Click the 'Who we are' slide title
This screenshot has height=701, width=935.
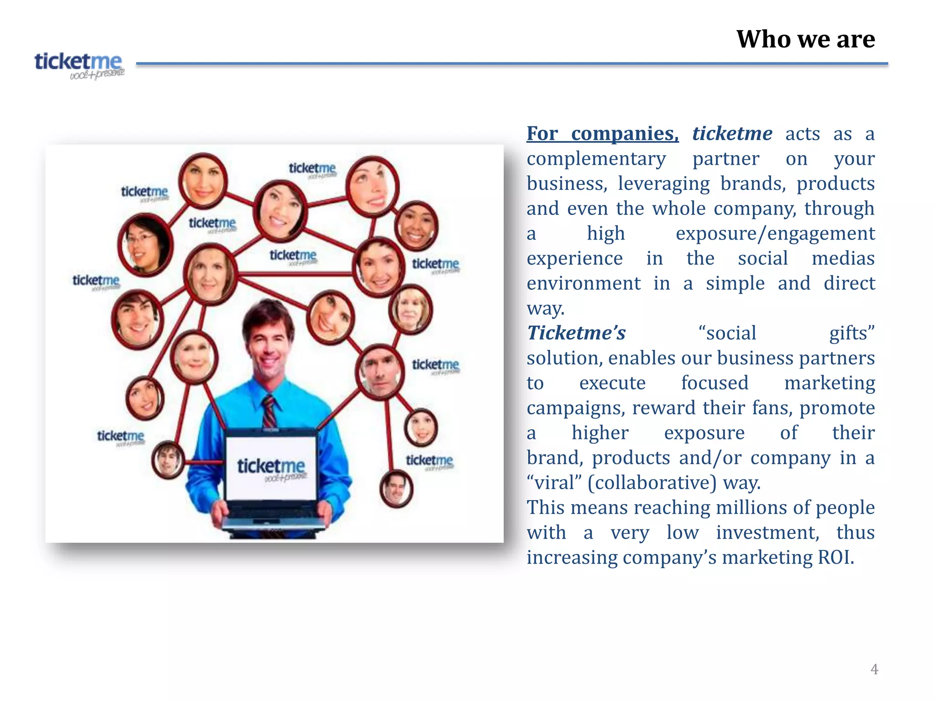805,39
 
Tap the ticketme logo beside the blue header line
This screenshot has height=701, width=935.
79,65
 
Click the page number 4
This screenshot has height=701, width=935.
874,669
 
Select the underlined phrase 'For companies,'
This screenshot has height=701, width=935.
602,134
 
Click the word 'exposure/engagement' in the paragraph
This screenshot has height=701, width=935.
775,234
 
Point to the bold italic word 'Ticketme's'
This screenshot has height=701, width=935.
576,333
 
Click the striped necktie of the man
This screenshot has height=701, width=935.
269,411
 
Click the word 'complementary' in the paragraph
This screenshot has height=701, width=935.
596,159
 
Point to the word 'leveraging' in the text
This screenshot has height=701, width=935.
663,184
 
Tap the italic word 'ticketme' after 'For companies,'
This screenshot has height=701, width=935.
732,134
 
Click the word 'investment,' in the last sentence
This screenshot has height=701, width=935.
767,533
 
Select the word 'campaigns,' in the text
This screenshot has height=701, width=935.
575,408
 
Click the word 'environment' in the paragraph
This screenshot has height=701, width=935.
583,283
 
